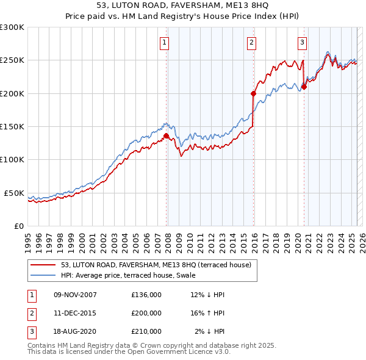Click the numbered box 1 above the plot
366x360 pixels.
pos(165,43)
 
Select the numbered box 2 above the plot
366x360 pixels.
pos(251,43)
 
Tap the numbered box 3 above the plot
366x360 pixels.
pos(302,43)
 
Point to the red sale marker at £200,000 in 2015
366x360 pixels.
pos(253,93)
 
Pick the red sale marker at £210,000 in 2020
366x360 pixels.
pos(304,87)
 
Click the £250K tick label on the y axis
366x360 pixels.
pos(12,60)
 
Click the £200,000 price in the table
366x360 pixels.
pos(146,313)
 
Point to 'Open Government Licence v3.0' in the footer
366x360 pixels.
pos(178,351)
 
